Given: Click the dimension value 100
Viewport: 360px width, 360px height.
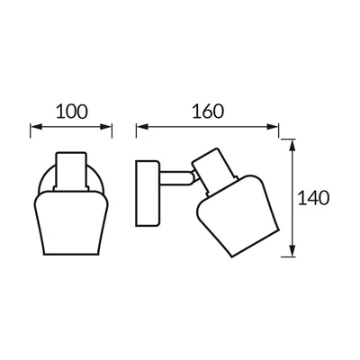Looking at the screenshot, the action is coord(72,112).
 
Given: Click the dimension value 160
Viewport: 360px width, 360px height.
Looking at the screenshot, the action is coord(208,112).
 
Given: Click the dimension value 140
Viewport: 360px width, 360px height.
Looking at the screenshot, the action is coord(313,198).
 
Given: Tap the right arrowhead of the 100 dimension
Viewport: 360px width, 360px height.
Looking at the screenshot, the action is coord(105,127).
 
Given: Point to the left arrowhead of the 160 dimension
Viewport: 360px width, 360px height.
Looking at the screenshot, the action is coord(142,127).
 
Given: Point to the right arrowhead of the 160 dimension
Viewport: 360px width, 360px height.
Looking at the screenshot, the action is coord(273,127).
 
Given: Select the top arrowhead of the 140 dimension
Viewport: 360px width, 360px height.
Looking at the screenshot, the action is coord(292,146).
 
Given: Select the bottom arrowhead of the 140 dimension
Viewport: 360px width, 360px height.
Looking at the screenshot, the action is coord(292,251).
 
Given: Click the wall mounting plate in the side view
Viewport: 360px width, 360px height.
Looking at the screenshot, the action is coord(148,193).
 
